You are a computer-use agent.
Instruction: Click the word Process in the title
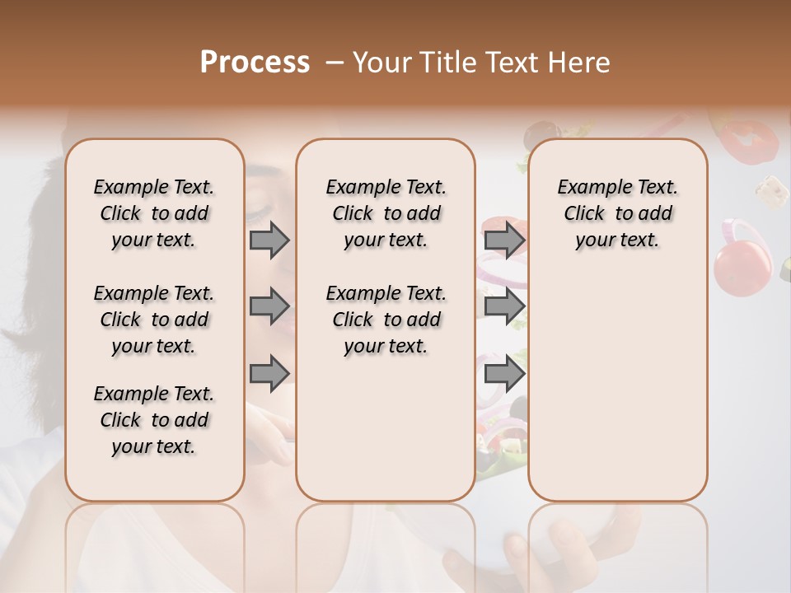pos(255,62)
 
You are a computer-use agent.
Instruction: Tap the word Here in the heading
pos(579,63)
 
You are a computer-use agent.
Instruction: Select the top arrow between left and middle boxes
pos(269,240)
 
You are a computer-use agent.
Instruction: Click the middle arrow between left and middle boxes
pos(269,306)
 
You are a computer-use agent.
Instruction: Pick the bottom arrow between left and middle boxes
pos(269,372)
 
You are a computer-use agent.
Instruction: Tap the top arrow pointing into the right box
pos(505,240)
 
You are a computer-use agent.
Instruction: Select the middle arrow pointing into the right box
pos(505,306)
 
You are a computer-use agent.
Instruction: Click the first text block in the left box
pos(153,213)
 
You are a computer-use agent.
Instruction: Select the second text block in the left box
pos(153,320)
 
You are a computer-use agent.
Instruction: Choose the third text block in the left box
pos(153,420)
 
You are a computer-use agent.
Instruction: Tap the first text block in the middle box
pos(386,213)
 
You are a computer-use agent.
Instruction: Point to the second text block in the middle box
pos(386,320)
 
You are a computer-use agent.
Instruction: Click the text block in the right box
pos(617,213)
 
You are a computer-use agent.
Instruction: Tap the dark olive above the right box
pos(541,133)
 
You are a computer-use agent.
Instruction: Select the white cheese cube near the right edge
pos(772,190)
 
